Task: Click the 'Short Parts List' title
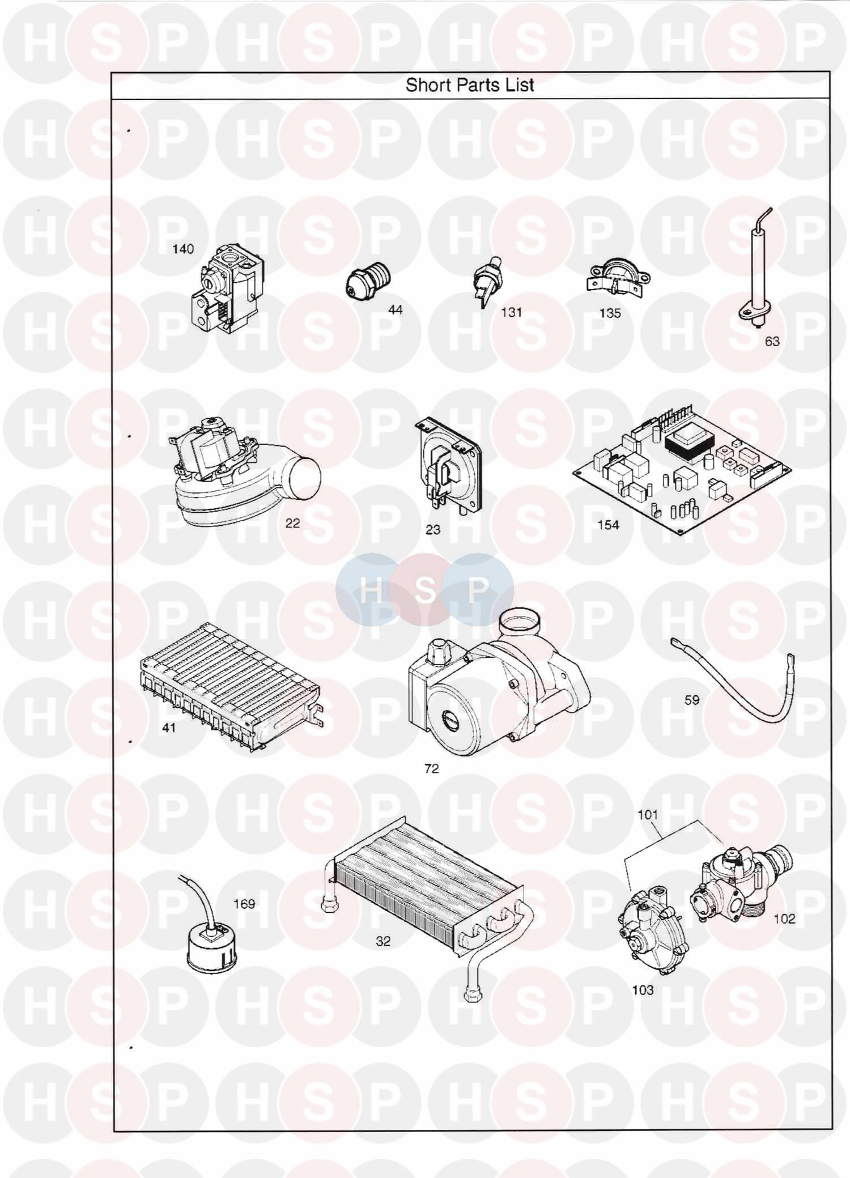click(470, 86)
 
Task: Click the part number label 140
click(183, 249)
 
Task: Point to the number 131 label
click(511, 312)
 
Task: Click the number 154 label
click(609, 525)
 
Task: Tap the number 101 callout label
click(648, 815)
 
